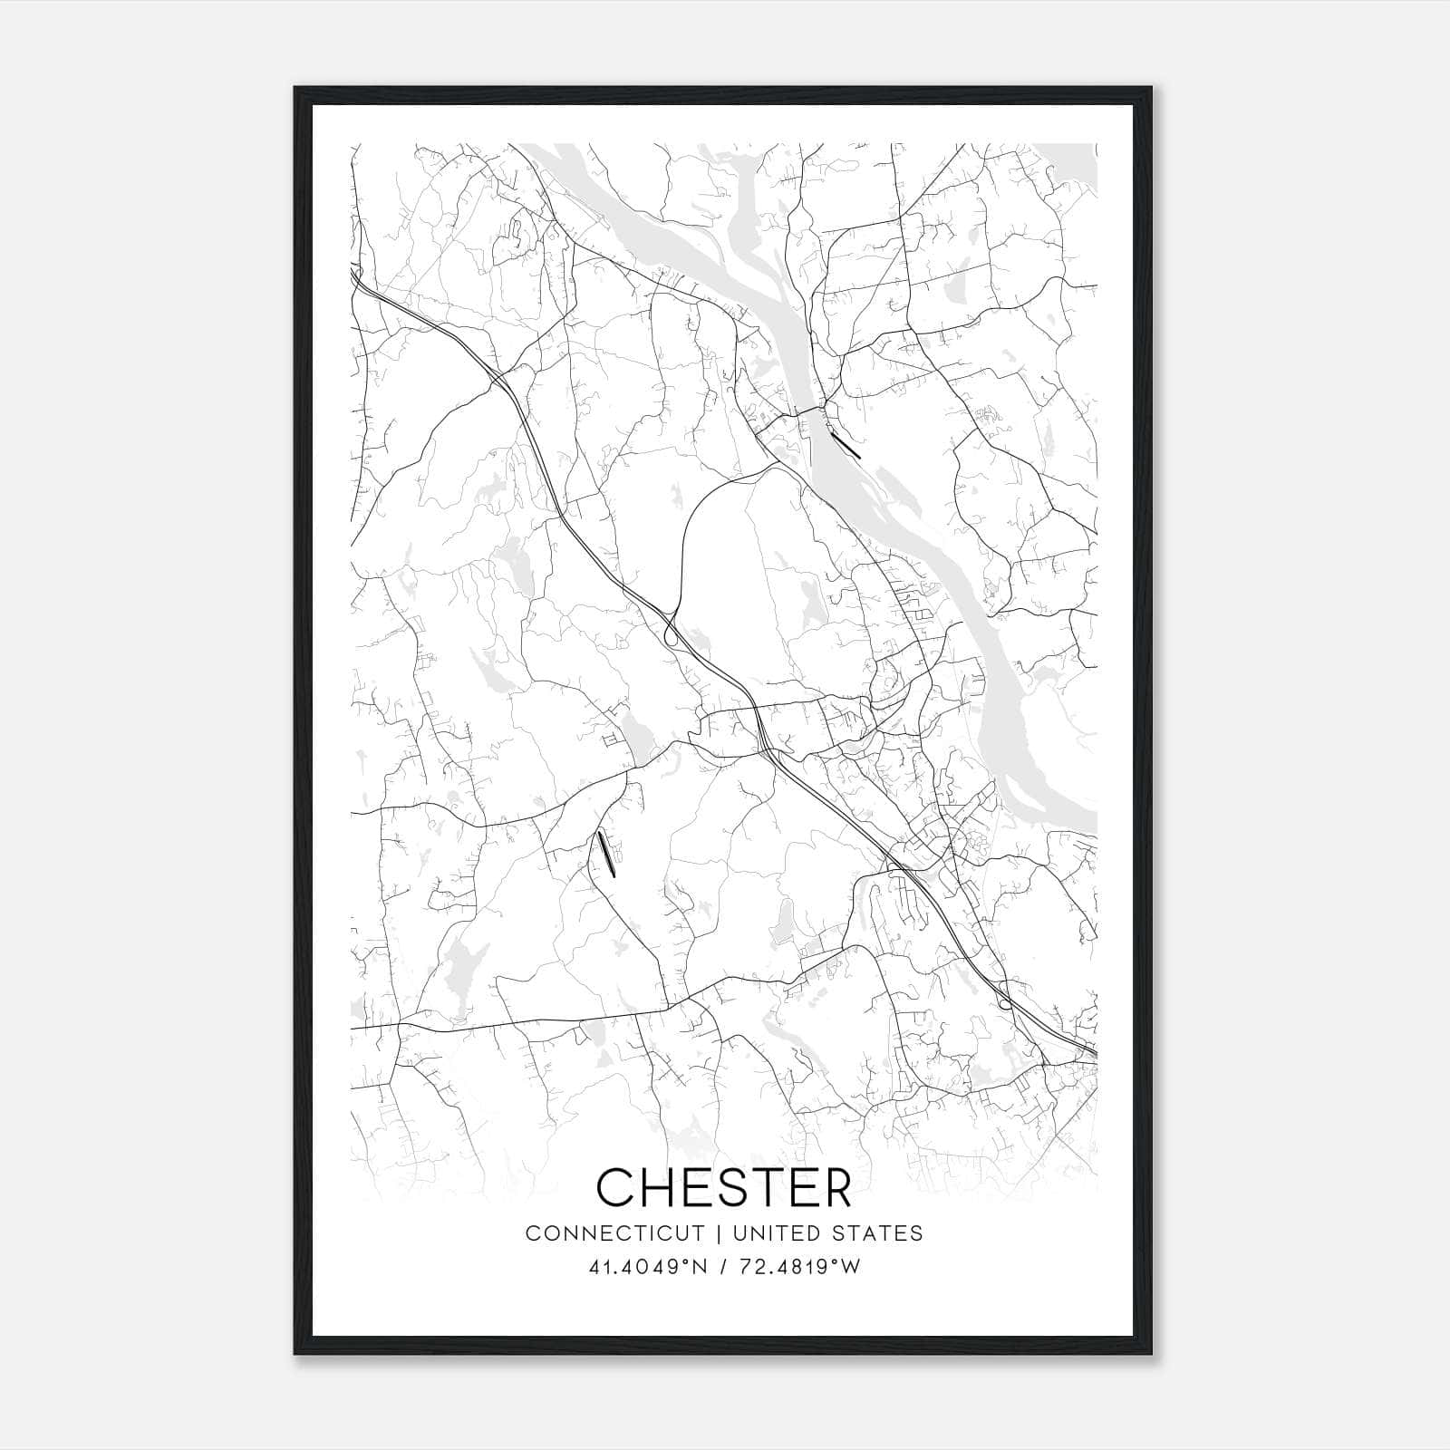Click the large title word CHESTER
pos(724,1187)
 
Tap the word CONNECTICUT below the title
pos(615,1233)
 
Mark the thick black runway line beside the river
pos(845,445)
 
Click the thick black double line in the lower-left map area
pos(606,855)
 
